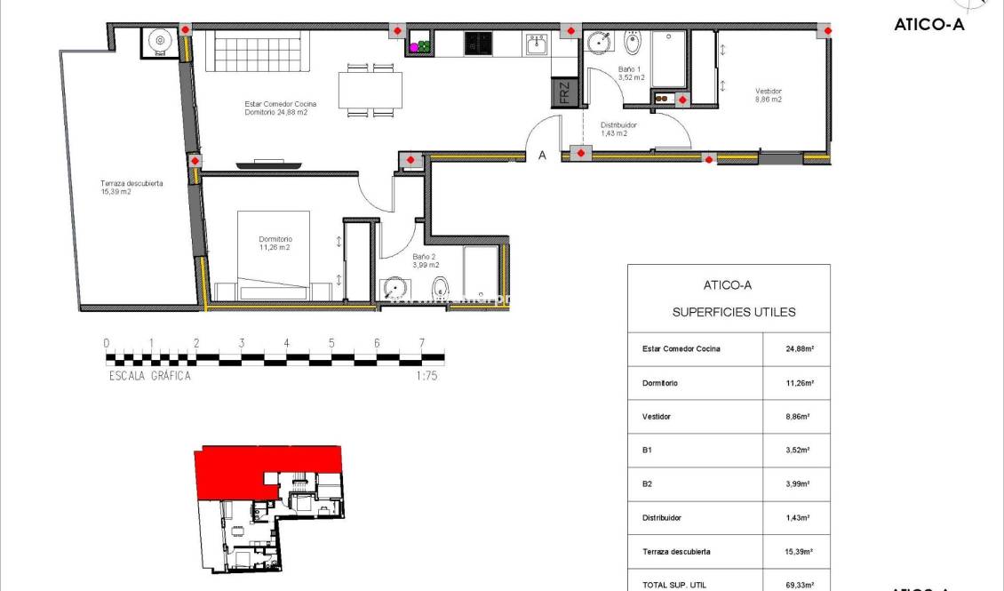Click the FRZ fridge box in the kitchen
pyautogui.click(x=563, y=92)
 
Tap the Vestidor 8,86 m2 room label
pyautogui.click(x=769, y=95)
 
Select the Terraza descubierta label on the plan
pyautogui.click(x=131, y=188)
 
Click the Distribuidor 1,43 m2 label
pyautogui.click(x=618, y=129)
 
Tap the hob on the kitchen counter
pyautogui.click(x=478, y=44)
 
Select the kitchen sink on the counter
pyautogui.click(x=536, y=44)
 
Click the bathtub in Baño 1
pyautogui.click(x=668, y=59)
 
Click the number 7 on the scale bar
pyautogui.click(x=421, y=343)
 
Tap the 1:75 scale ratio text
pyautogui.click(x=426, y=376)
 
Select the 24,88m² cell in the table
pyautogui.click(x=796, y=349)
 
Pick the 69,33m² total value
pyautogui.click(x=796, y=584)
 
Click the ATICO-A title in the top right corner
pyautogui.click(x=928, y=25)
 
